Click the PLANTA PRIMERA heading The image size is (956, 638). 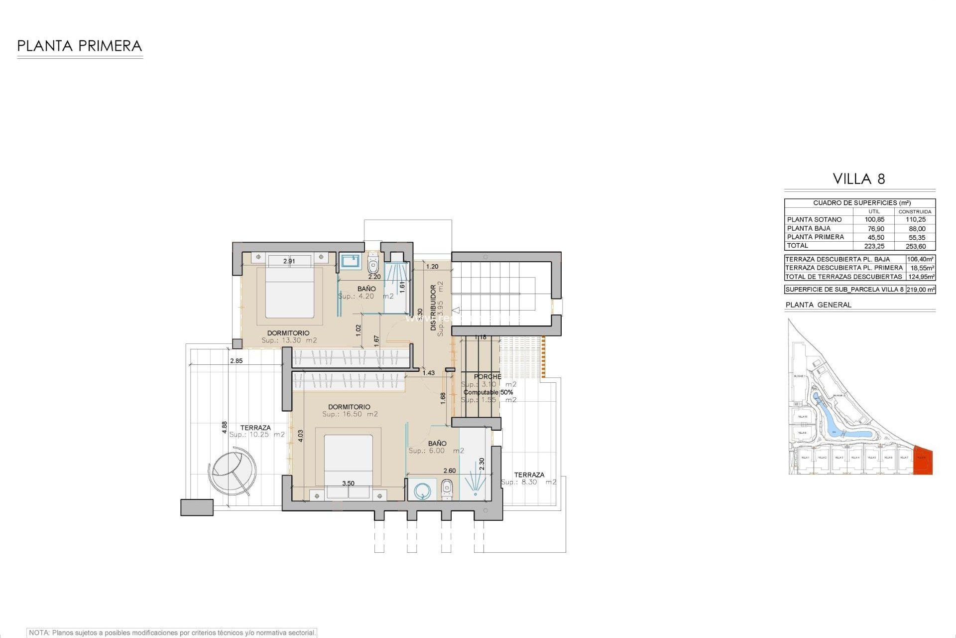pos(80,46)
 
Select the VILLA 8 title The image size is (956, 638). pos(859,179)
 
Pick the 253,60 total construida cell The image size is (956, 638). pos(916,246)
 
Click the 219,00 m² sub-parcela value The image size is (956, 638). pos(921,290)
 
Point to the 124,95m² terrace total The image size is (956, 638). pos(921,277)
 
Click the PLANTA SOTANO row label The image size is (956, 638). pos(814,220)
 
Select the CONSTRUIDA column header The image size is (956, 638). pos(915,212)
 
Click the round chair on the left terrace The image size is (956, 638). pos(233,470)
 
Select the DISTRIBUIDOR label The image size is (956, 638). pos(433,308)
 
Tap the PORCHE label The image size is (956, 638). pos(487,377)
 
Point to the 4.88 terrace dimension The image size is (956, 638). pos(225,427)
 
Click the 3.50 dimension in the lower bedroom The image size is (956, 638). pos(348,483)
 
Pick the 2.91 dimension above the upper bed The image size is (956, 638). pos(289,261)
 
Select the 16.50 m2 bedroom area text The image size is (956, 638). pos(350,414)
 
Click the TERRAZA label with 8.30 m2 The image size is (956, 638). pos(529,475)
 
